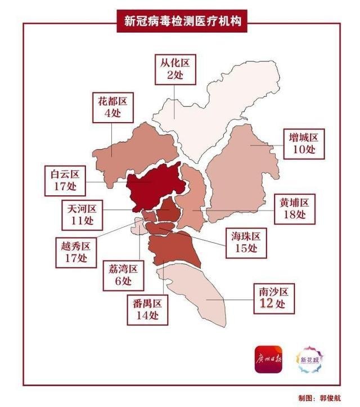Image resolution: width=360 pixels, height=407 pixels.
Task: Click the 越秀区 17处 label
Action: coord(75,252)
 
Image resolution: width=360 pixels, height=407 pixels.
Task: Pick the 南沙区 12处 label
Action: coord(273,298)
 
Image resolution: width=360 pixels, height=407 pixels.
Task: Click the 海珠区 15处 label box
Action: coord(246,243)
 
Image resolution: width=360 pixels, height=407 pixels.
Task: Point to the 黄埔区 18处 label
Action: coord(294,208)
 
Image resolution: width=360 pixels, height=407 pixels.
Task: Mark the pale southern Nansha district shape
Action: coord(197,293)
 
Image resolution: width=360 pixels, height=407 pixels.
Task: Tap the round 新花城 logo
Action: coord(311,359)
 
